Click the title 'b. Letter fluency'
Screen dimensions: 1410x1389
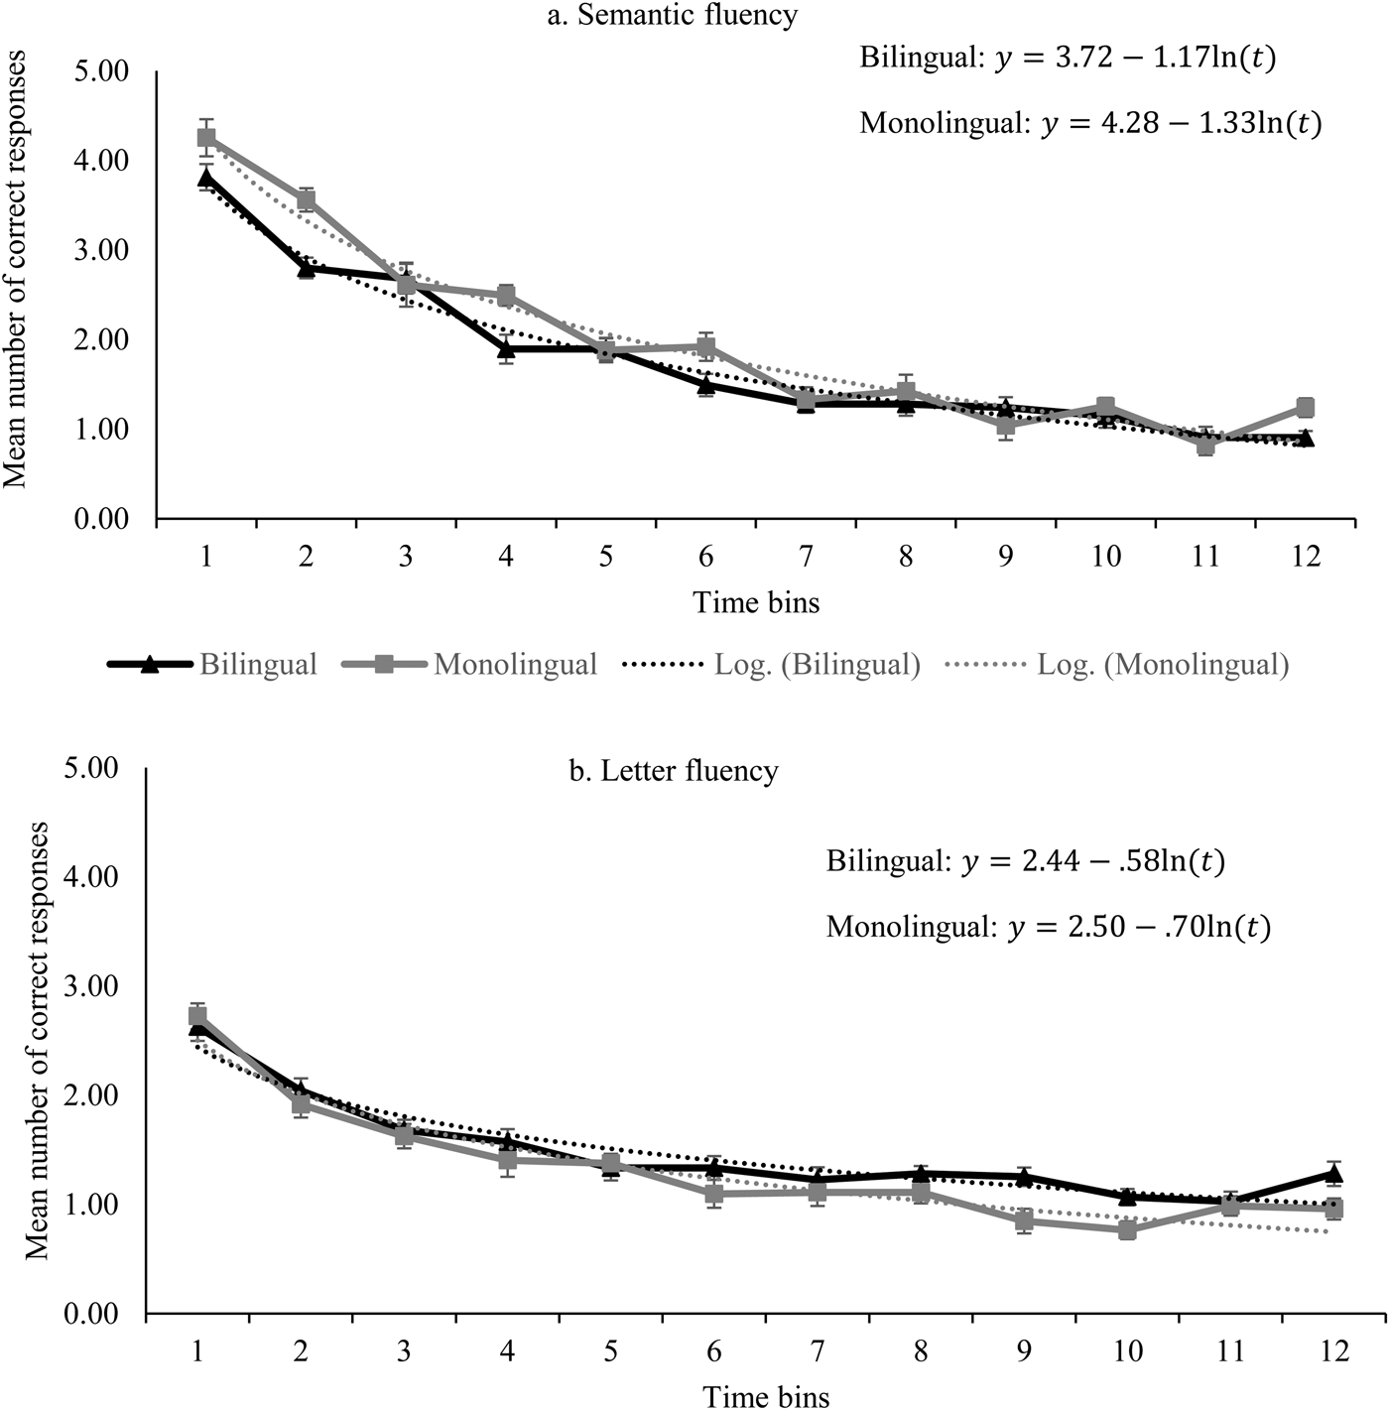coord(674,771)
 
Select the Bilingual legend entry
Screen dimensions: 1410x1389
coord(213,664)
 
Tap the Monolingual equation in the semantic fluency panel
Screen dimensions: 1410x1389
coord(1090,123)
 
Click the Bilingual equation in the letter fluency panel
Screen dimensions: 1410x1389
coord(1026,862)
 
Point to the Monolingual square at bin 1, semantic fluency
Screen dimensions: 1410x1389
coord(206,138)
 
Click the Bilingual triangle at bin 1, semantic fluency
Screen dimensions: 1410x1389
coord(206,178)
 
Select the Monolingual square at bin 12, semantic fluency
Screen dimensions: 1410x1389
coord(1305,408)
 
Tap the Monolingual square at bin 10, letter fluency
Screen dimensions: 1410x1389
coord(1127,1229)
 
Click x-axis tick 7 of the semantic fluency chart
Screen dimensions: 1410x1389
coord(806,556)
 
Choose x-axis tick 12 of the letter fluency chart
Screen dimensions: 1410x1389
coord(1334,1351)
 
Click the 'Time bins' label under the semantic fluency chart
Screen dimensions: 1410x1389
coord(756,601)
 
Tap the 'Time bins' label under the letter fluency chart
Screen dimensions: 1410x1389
coord(766,1396)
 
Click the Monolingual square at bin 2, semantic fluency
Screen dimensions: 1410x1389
coord(306,200)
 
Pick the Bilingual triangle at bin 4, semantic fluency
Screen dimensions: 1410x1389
coord(506,348)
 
